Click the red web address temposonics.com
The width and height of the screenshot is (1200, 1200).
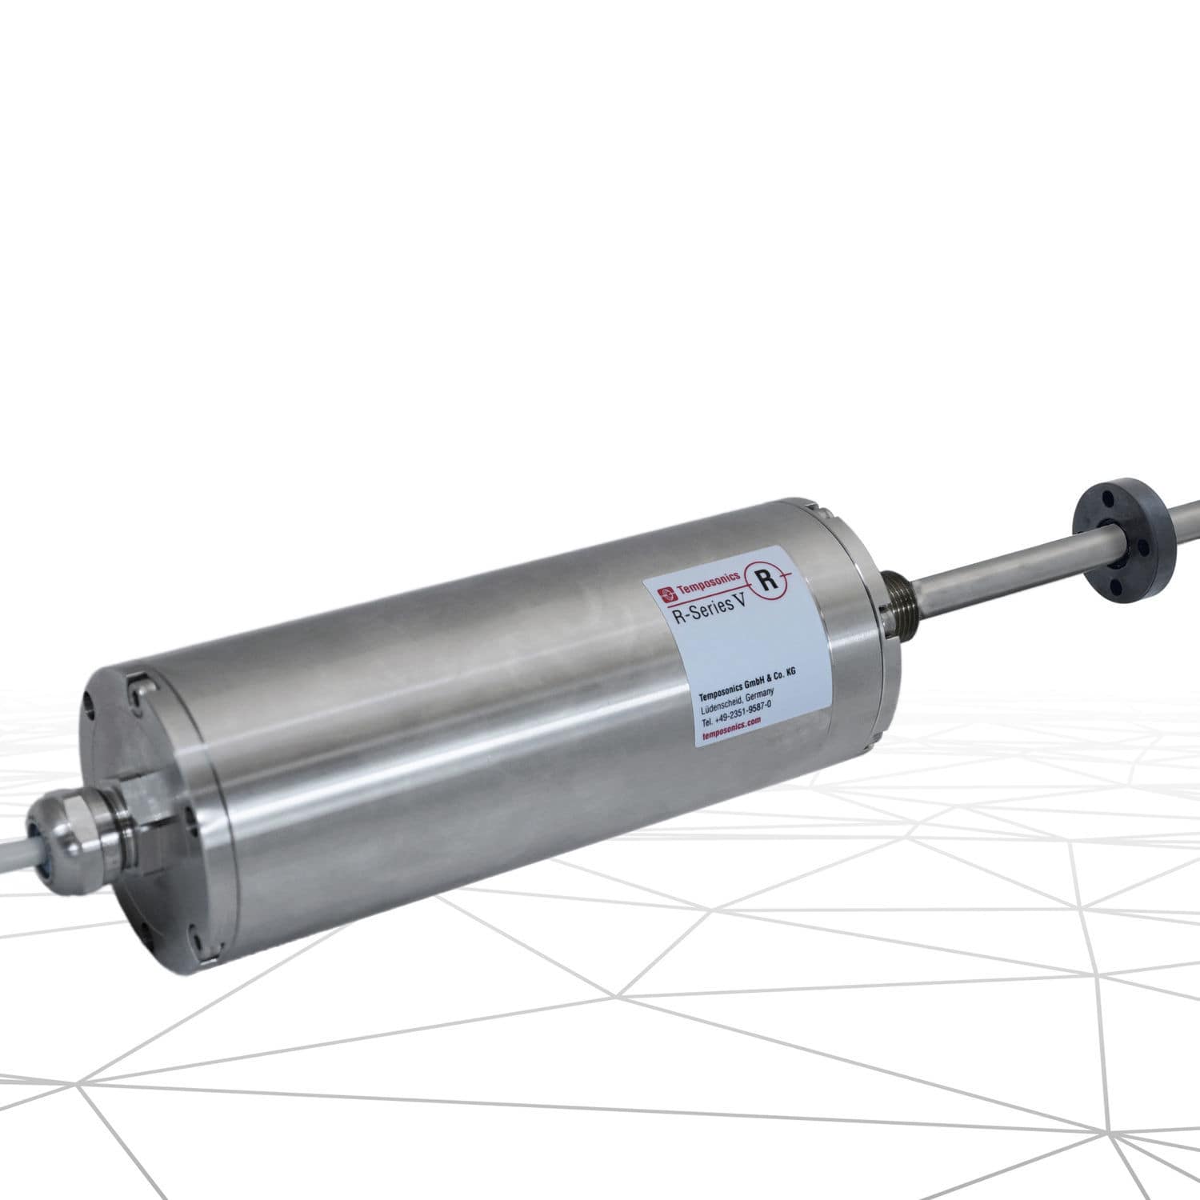pyautogui.click(x=730, y=721)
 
